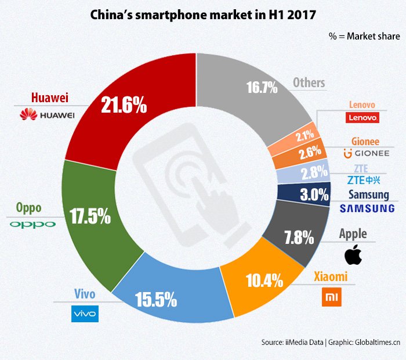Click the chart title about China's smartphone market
click(203, 15)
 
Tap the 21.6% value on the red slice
click(124, 106)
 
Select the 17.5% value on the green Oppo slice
click(89, 216)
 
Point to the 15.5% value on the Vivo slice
click(155, 300)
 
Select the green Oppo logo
click(32, 224)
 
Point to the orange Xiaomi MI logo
click(332, 297)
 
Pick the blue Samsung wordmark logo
click(367, 208)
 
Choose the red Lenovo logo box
click(362, 118)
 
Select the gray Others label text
click(309, 82)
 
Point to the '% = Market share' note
click(364, 36)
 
